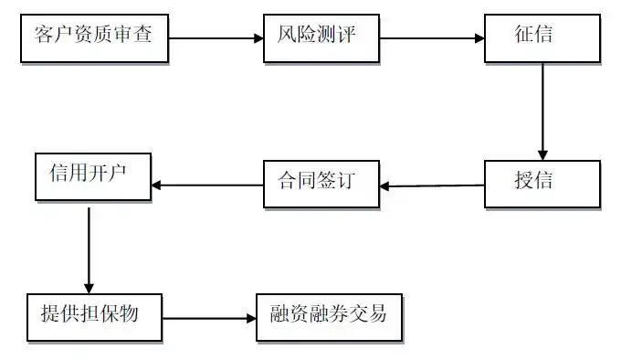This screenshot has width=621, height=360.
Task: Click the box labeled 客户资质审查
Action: tap(95, 38)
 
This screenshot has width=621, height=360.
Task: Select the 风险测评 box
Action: tap(321, 38)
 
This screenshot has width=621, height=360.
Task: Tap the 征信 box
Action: tap(542, 38)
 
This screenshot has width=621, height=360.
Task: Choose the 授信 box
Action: tap(542, 182)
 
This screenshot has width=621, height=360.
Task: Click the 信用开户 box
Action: tap(92, 175)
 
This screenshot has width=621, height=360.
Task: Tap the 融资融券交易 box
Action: tap(329, 316)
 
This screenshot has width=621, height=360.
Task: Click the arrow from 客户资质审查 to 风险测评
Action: tap(216, 38)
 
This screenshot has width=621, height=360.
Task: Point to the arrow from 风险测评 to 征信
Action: tap(431, 38)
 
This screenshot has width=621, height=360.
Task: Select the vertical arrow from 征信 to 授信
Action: tap(542, 110)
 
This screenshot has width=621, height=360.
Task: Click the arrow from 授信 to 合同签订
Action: tap(431, 185)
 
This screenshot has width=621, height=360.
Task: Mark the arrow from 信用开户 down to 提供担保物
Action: tap(89, 247)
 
